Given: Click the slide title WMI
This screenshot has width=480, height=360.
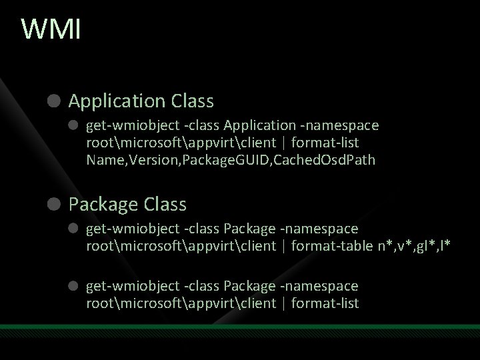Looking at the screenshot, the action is pos(51,30).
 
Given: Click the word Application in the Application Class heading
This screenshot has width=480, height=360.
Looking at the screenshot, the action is pos(117,101).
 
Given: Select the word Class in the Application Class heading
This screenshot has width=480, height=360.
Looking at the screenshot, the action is pos(192,101).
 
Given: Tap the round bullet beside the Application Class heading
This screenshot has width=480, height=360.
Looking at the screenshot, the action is pos(55,101).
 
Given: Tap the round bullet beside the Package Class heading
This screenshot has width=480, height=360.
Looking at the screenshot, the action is pos(55,203).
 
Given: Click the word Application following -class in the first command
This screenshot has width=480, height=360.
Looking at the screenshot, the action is pos(259,125).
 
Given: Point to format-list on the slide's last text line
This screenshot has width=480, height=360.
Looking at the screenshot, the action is pos(326,303).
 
